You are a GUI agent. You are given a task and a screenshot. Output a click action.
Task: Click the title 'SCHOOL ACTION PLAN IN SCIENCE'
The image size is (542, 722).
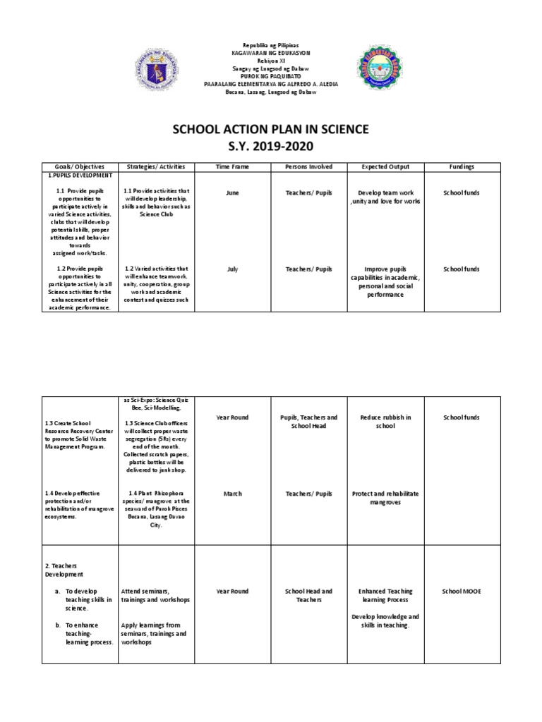pyautogui.click(x=271, y=130)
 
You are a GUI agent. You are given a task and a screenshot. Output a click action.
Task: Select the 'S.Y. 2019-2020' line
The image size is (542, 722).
pyautogui.click(x=271, y=146)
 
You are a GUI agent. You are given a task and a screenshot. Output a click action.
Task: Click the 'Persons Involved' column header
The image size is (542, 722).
pyautogui.click(x=308, y=167)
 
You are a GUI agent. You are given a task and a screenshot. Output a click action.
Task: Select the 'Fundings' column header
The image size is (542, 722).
pyautogui.click(x=461, y=167)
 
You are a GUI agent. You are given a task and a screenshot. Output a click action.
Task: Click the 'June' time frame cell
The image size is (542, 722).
pyautogui.click(x=232, y=192)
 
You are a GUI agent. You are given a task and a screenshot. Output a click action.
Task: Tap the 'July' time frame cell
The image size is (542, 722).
pyautogui.click(x=232, y=269)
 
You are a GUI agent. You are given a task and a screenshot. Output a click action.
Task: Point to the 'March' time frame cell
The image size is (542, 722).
pyautogui.click(x=232, y=494)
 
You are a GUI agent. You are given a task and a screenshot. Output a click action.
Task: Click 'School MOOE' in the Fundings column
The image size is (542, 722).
pyautogui.click(x=461, y=591)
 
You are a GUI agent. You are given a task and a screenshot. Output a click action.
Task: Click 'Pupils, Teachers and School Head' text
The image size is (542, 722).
pyautogui.click(x=308, y=422)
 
